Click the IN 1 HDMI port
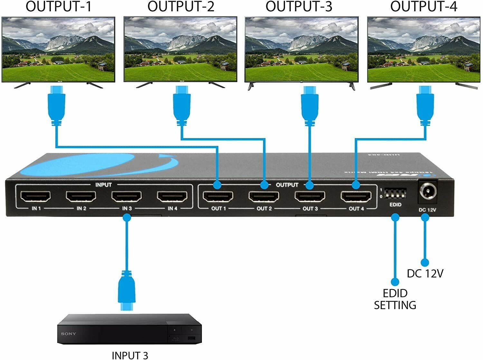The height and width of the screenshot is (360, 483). point(36,196)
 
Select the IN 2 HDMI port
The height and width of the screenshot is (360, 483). point(81,196)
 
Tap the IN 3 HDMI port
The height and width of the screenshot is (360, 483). point(127,196)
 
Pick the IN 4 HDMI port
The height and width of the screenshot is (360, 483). point(172,196)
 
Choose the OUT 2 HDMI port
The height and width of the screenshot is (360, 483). point(264,196)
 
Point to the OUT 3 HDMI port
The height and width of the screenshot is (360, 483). point(310,196)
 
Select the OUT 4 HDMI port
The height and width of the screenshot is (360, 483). point(356,196)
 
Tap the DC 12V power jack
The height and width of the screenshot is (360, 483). point(428,193)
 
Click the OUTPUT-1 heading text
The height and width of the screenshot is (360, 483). point(58,7)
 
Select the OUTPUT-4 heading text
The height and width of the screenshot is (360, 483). point(423,7)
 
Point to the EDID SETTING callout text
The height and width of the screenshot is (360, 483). point(395,299)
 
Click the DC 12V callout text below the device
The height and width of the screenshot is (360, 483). point(425,273)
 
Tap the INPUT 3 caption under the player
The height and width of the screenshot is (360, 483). point(130,355)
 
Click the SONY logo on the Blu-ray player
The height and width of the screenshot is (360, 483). point(69,334)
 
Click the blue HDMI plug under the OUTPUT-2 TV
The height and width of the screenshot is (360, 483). point(182,106)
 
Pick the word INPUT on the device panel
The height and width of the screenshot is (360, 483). point(103,185)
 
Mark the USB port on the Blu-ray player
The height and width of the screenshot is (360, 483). point(191,338)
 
